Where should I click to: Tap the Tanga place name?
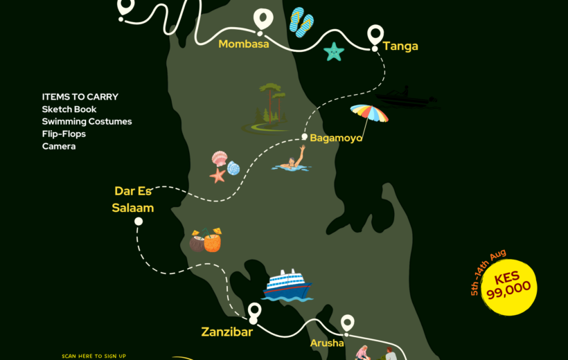400,46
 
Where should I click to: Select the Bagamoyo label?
336,138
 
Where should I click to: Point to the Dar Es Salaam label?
134,199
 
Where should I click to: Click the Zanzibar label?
227,332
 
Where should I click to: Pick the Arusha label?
327,343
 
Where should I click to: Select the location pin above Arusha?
347,323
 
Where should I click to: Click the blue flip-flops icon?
301,22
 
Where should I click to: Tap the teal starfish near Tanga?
334,51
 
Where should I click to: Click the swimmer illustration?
292,161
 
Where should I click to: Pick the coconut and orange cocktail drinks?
206,240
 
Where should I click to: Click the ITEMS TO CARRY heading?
80,97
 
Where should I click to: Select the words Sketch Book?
69,109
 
